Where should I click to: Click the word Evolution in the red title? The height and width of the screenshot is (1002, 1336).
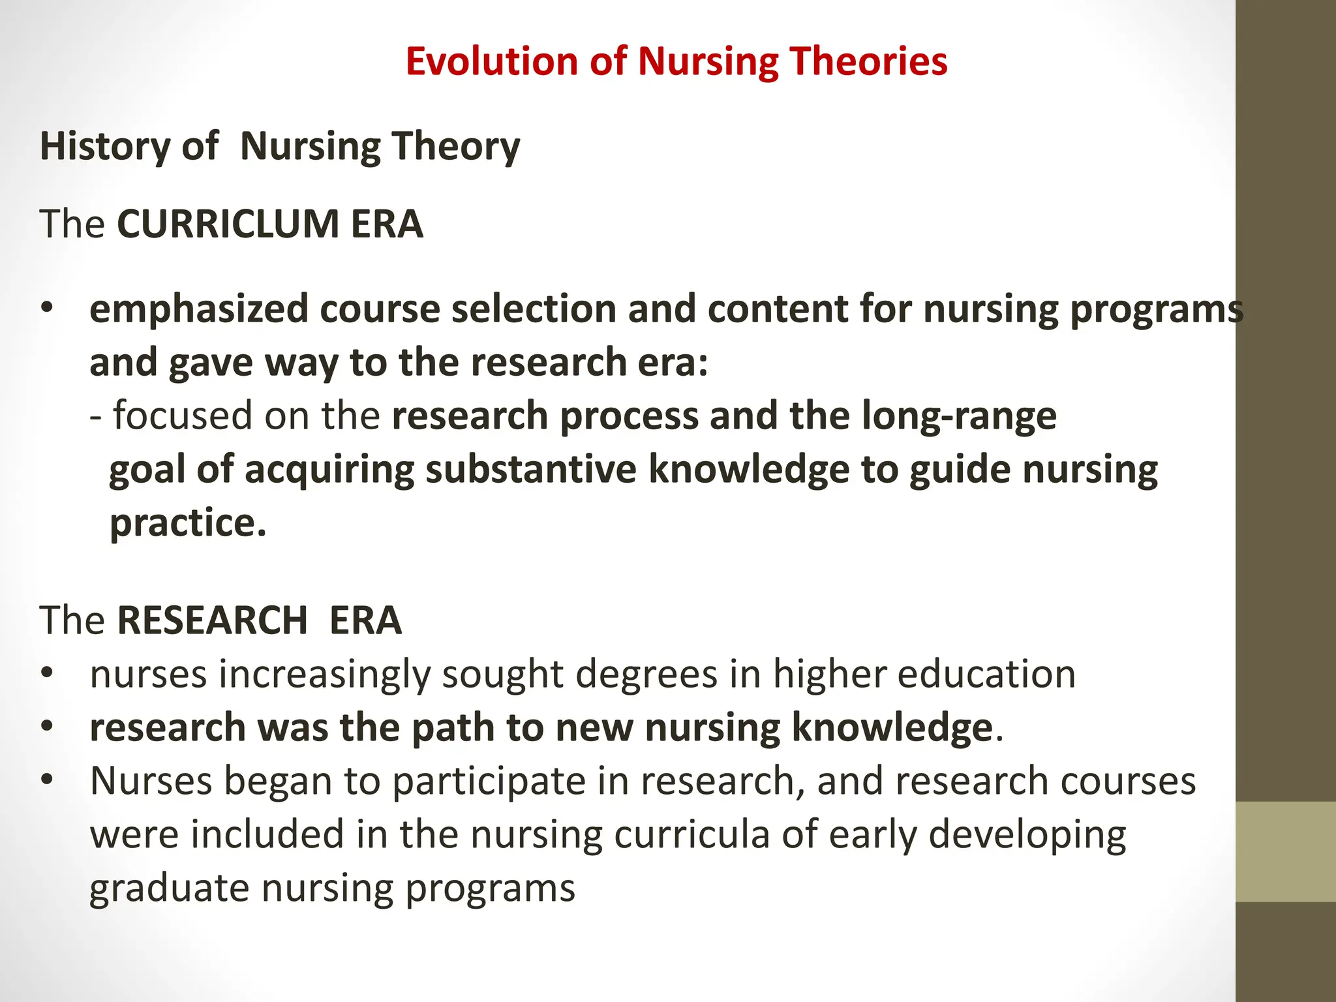[x=491, y=61]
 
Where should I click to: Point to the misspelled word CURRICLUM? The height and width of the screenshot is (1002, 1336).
[x=228, y=224]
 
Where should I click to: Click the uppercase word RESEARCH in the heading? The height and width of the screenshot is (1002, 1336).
[x=212, y=620]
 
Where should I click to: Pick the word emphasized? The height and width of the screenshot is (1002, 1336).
[x=198, y=309]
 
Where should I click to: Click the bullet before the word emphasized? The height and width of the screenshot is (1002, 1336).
[x=46, y=309]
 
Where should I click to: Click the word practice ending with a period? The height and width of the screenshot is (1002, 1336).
[x=188, y=523]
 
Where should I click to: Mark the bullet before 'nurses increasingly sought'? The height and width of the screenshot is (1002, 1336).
[x=46, y=674]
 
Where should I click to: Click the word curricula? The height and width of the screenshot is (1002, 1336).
[x=691, y=834]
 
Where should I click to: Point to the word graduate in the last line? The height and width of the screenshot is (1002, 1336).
[x=169, y=888]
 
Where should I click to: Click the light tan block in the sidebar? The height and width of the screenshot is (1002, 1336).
[x=1286, y=852]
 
